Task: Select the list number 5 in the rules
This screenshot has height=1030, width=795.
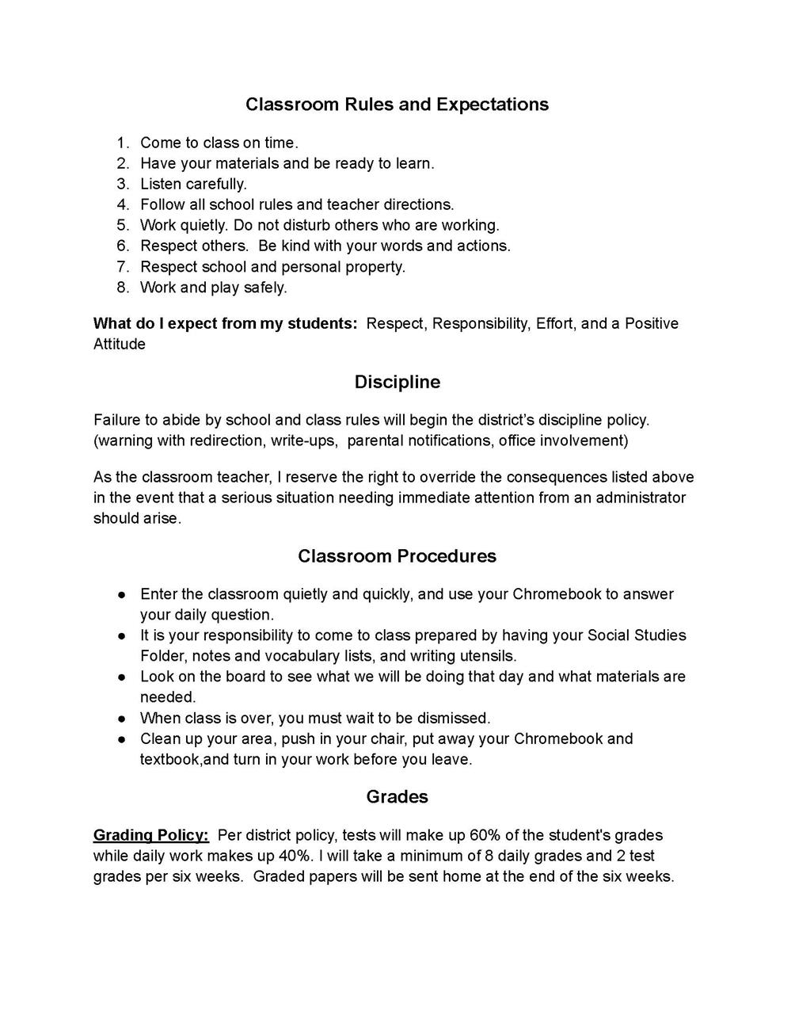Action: (x=123, y=225)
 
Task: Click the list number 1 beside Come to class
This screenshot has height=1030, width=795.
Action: (x=123, y=143)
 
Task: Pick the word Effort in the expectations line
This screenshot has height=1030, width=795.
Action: (x=554, y=323)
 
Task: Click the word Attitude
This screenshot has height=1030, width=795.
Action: (x=120, y=344)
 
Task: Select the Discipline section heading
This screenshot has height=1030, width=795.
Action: (x=397, y=382)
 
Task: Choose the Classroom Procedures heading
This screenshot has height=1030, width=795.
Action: (x=397, y=556)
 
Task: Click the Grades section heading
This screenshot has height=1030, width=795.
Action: (x=397, y=797)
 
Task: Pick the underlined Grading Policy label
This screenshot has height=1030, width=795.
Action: (x=151, y=835)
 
